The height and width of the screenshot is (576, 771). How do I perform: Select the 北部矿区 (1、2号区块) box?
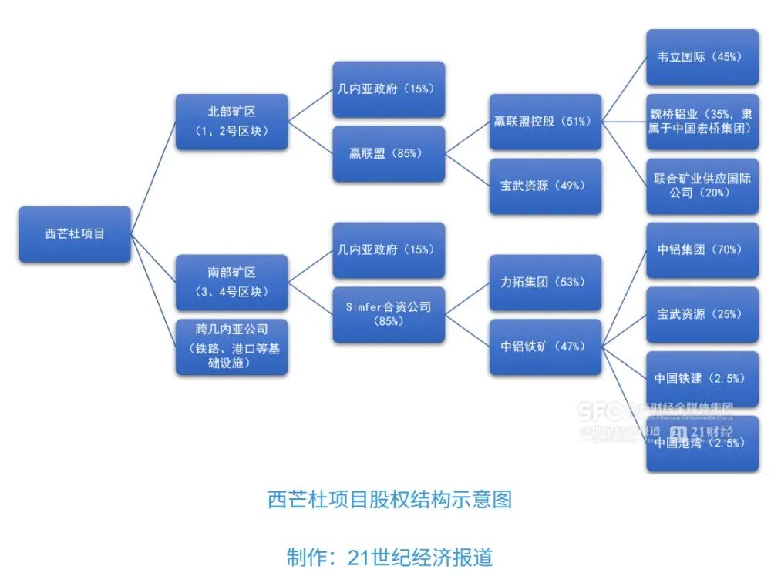point(231,122)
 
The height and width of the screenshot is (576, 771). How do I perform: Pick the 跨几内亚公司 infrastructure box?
point(231,347)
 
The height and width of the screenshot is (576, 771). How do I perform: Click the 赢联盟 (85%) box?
point(389,154)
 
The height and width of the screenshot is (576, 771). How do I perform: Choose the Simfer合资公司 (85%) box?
point(389,314)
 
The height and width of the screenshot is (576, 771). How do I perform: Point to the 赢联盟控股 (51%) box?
point(545,122)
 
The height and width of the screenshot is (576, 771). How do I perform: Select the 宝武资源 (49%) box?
point(545,186)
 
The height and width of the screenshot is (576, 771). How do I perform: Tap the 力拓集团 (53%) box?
point(545,283)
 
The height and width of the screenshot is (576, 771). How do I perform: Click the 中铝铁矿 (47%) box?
point(545,347)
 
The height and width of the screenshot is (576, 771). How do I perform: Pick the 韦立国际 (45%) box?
point(702,57)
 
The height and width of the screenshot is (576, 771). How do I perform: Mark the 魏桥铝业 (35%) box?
point(702,122)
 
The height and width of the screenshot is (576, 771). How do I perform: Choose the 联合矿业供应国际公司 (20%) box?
point(702,186)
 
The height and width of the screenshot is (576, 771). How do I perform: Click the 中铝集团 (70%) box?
point(702,250)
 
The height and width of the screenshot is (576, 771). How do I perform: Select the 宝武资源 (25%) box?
point(702,314)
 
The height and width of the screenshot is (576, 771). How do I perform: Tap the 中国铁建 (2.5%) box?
point(702,379)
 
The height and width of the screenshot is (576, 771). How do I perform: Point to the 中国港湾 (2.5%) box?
point(702,444)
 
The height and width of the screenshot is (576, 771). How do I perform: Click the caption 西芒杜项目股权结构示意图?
point(389,500)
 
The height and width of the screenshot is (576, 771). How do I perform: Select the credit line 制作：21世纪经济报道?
point(389,557)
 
